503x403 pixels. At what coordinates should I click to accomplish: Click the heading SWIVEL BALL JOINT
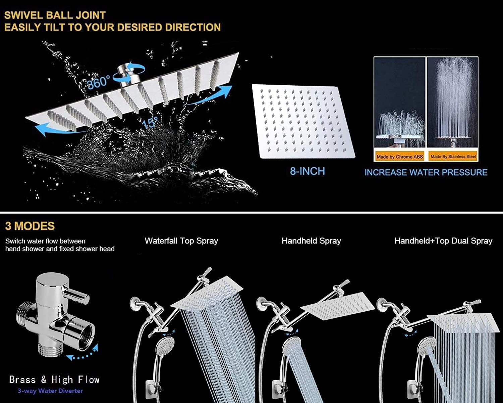55,15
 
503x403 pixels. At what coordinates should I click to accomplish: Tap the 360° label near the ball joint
98,82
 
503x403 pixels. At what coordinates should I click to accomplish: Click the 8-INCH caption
307,171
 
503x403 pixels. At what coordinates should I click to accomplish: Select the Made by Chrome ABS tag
399,156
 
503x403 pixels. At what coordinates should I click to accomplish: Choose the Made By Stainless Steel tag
453,156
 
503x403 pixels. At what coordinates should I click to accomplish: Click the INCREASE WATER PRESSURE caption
426,172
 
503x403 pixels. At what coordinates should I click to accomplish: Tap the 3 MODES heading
30,226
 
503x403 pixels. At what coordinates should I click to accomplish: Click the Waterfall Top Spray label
181,241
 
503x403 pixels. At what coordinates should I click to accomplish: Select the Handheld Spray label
311,241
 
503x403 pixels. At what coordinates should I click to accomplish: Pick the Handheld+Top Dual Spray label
443,241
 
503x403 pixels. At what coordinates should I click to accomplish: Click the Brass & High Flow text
54,380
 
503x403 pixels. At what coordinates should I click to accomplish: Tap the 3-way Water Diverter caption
50,391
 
